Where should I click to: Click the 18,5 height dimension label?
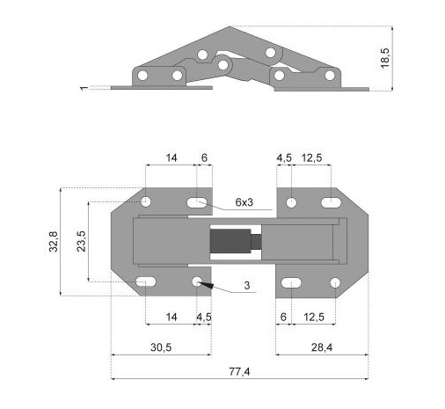(385, 58)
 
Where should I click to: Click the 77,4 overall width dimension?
(239, 372)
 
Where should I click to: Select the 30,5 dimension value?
(161, 347)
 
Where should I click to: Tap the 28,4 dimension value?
(322, 347)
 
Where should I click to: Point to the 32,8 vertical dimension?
(54, 242)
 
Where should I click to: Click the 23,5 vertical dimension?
(81, 241)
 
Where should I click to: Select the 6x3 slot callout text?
(244, 202)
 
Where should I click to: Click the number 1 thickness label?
(84, 88)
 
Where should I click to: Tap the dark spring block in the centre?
(230, 242)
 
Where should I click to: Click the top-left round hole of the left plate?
(146, 201)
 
